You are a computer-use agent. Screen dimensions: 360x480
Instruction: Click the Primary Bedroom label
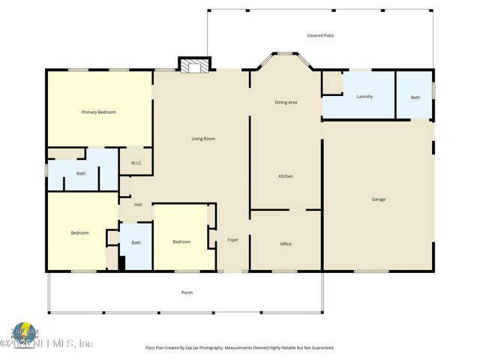[x=99, y=112]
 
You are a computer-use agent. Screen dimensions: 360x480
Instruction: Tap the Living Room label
[x=203, y=139]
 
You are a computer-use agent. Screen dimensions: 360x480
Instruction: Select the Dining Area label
[x=286, y=102]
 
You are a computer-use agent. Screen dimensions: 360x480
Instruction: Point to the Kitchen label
[x=286, y=176]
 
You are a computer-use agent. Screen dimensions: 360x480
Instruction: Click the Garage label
[x=379, y=199]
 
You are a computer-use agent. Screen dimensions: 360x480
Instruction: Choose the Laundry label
[x=364, y=97]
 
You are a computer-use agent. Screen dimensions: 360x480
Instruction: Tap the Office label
[x=286, y=244]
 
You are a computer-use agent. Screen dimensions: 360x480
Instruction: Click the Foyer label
[x=232, y=240]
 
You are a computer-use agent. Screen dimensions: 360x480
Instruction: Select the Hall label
[x=138, y=205]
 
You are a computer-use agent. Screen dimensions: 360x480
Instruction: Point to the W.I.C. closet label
[x=136, y=163]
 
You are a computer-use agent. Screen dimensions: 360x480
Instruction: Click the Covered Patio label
[x=320, y=35]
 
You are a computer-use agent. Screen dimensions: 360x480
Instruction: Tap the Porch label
[x=187, y=292]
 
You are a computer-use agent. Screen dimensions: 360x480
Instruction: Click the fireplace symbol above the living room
[x=192, y=66]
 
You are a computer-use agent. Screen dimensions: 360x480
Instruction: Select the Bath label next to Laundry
[x=415, y=97]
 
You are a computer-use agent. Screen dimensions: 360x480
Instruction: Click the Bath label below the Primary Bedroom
[x=81, y=174]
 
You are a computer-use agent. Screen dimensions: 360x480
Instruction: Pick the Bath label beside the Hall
[x=136, y=242]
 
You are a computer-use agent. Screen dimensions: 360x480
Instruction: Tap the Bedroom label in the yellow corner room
[x=80, y=232]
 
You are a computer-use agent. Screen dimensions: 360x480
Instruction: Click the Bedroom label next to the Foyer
[x=181, y=241]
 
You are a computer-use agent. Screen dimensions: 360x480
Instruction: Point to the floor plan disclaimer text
[x=239, y=348]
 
